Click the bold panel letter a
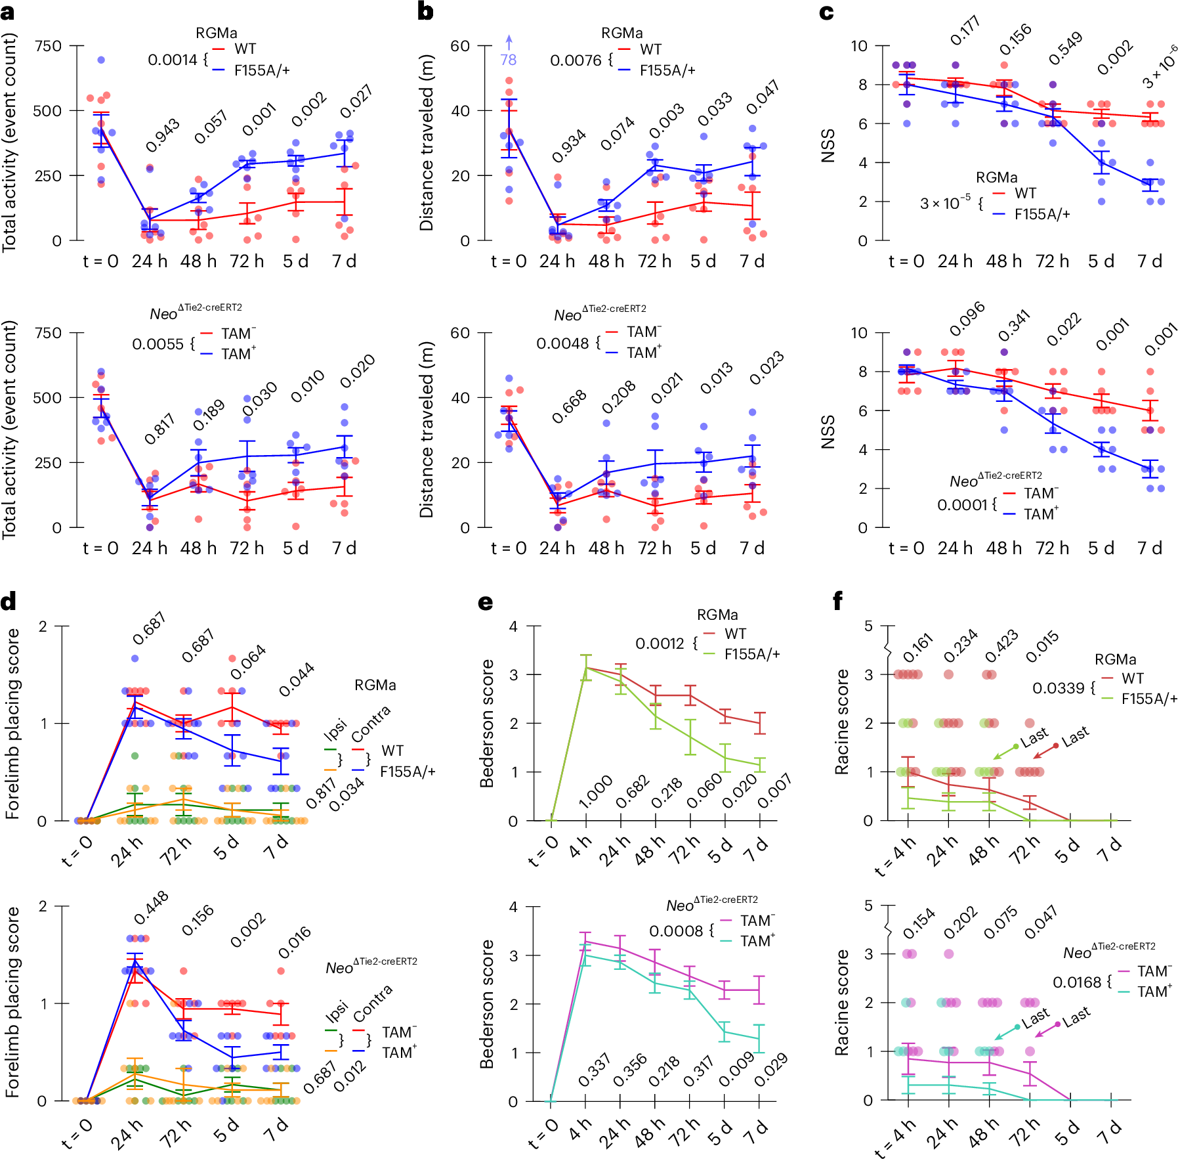click(7, 11)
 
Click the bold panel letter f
click(838, 601)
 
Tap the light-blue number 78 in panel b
click(508, 60)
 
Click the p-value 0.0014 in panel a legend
click(172, 60)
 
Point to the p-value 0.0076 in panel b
click(576, 60)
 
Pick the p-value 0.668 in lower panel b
click(568, 407)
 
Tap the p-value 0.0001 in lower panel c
click(962, 504)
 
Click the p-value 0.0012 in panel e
click(660, 644)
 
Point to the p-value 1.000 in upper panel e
click(595, 792)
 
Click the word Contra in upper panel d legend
click(371, 723)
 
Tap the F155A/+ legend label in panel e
click(752, 654)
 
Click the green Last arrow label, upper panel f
click(1035, 737)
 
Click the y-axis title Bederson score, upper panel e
click(486, 723)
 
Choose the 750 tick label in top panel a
click(48, 46)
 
